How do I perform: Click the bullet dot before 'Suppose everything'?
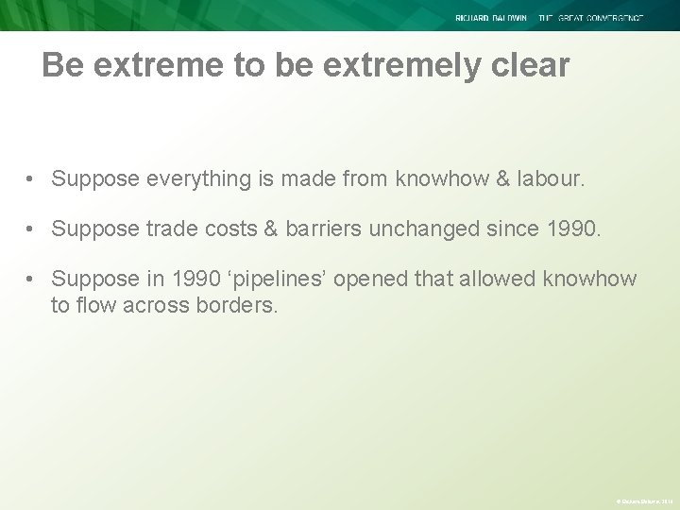(x=32, y=179)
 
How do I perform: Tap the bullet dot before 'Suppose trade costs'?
(x=32, y=229)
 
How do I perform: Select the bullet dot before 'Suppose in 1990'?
(x=32, y=280)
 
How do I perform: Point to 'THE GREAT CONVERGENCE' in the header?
(x=591, y=18)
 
